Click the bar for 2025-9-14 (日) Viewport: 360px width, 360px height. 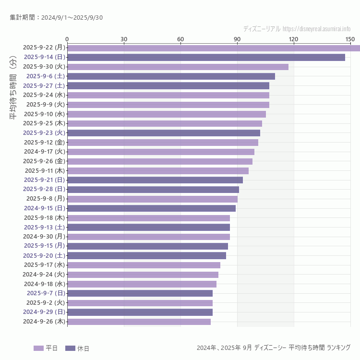(206, 57)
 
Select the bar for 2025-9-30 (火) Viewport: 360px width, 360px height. (178, 67)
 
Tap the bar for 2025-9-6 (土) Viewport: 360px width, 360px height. (171, 76)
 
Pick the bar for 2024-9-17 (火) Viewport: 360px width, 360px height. (161, 152)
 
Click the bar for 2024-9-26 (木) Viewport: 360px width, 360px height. (139, 322)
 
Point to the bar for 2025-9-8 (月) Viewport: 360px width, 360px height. (152, 199)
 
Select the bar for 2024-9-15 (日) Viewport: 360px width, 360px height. (151, 208)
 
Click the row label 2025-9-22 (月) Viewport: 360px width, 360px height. (44, 48)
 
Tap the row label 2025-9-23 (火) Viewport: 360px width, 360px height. (44, 132)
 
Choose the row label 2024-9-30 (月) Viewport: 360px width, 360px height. (44, 237)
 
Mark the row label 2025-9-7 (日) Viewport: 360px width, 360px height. (46, 293)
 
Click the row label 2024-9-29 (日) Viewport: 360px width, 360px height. (44, 312)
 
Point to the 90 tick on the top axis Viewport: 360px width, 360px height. (237, 39)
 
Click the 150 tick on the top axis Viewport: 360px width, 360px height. (350, 39)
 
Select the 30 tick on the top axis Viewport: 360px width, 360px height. (124, 39)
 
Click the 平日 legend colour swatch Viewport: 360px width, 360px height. (38, 348)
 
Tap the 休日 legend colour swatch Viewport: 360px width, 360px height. (70, 348)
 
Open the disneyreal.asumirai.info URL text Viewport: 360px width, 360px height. (316, 29)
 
